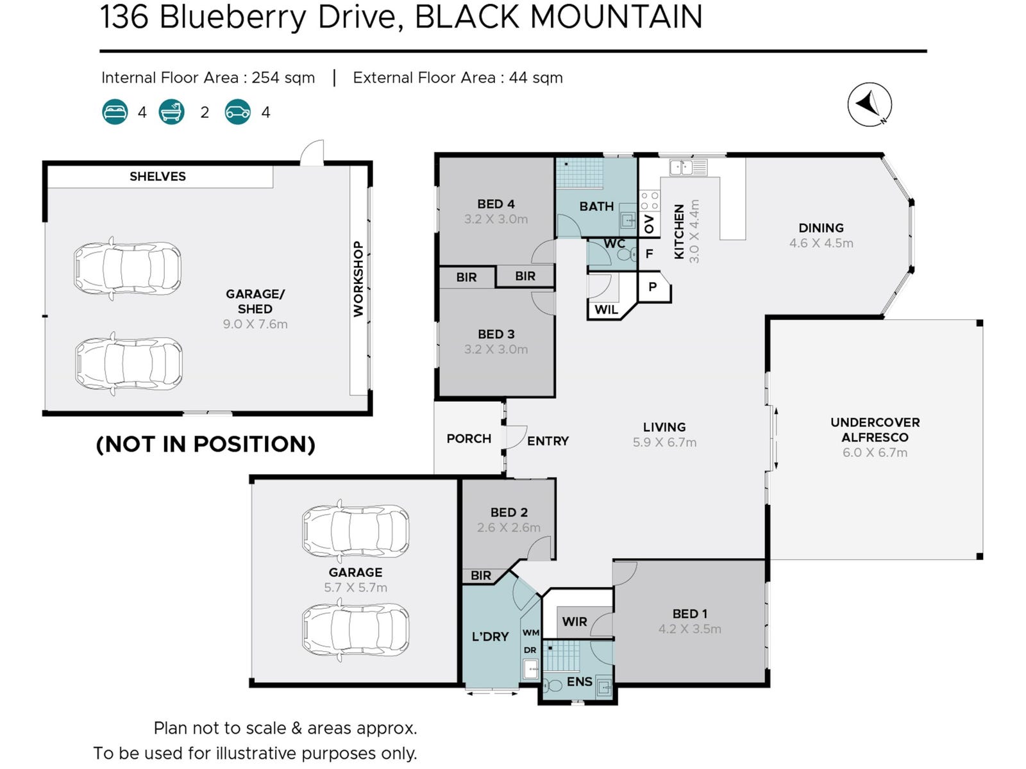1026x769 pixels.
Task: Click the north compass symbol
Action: (869, 104)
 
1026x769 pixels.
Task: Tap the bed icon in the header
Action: (115, 112)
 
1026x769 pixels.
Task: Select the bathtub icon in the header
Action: (172, 112)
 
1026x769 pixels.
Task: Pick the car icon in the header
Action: (237, 112)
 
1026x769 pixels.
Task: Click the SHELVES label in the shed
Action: (158, 176)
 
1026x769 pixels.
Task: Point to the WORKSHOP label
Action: (358, 279)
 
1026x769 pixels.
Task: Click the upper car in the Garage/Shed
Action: (127, 268)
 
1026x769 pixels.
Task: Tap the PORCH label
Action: (469, 439)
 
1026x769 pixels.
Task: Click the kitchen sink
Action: (682, 168)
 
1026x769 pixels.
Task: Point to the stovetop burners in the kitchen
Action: (650, 201)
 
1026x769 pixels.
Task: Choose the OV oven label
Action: (649, 224)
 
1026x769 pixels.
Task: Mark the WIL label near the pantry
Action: (606, 310)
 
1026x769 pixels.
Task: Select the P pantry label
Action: (653, 286)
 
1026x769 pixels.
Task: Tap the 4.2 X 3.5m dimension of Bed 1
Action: (689, 629)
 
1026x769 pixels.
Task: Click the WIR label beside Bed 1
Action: (574, 622)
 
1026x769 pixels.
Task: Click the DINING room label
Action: (821, 228)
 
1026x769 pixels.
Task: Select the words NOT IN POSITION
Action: (205, 444)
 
